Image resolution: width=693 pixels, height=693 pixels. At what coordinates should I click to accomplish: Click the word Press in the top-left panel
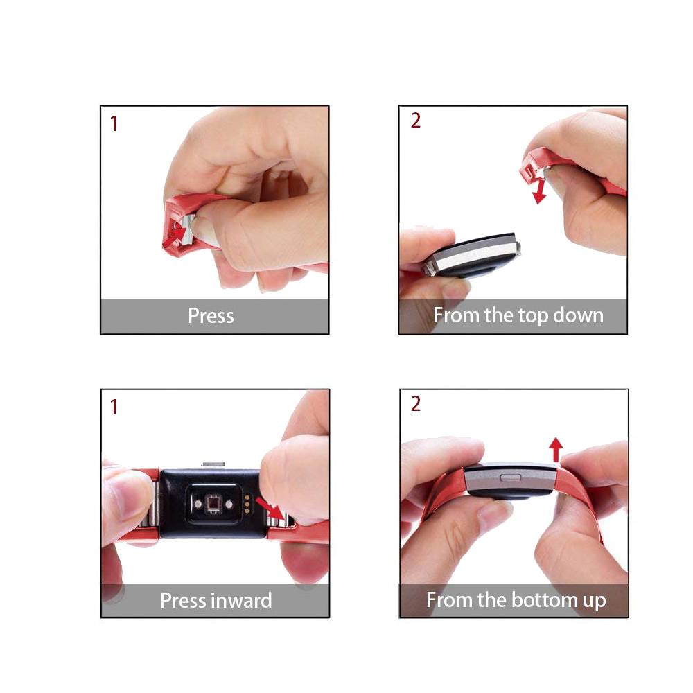pos(211,315)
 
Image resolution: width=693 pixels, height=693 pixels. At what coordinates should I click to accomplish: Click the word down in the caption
pos(578,315)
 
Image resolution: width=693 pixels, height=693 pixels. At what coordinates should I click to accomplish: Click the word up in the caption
pos(594,602)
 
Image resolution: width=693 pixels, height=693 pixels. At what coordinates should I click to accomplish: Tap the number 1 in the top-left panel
pos(114,123)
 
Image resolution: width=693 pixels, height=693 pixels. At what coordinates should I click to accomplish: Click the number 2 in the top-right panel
pos(415,120)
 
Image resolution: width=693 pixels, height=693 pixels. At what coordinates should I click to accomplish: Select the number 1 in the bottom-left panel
pos(114,407)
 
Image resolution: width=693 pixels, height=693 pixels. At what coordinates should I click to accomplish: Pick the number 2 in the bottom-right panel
pos(415,403)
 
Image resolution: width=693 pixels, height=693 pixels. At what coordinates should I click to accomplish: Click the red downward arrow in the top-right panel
pos(538,190)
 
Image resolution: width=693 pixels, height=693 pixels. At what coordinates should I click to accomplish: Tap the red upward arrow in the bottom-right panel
pos(556,450)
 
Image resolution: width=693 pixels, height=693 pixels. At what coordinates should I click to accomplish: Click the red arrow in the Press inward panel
pos(270,509)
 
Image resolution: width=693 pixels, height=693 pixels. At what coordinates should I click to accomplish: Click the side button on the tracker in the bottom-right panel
pos(510,477)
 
